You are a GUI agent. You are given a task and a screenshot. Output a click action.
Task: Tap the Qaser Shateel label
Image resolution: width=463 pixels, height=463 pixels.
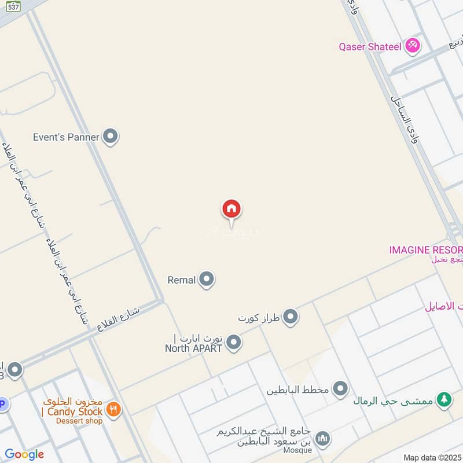[x=370, y=47]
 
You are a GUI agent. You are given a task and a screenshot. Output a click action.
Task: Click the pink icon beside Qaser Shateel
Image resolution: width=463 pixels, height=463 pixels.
[x=413, y=46]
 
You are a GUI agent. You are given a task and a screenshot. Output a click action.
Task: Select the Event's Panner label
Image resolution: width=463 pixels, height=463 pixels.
[x=66, y=137]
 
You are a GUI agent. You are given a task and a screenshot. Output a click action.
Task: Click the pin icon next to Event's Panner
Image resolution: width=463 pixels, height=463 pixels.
[x=110, y=137]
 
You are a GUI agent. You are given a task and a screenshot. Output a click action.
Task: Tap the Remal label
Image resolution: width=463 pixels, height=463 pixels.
[x=182, y=280]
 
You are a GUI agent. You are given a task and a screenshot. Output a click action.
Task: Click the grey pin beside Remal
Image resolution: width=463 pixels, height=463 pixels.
[x=207, y=280]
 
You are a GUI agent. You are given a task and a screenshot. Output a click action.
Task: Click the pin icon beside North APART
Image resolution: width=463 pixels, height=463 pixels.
[x=234, y=343]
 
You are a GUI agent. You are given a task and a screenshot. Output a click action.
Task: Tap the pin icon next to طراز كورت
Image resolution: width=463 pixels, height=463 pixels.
[x=291, y=317]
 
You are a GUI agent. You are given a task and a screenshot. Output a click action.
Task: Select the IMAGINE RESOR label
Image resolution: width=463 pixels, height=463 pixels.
[x=425, y=250]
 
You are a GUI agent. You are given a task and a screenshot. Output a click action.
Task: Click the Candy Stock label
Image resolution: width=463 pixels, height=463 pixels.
[x=72, y=411]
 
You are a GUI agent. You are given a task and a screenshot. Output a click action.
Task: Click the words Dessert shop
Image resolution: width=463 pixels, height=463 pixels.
[x=79, y=421]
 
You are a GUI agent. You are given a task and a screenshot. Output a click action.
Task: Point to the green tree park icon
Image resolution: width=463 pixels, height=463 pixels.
[x=444, y=400]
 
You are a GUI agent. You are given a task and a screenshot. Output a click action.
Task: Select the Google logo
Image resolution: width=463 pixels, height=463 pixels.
[x=24, y=454]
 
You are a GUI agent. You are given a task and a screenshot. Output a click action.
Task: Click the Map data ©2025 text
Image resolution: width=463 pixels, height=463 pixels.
[x=431, y=457]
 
